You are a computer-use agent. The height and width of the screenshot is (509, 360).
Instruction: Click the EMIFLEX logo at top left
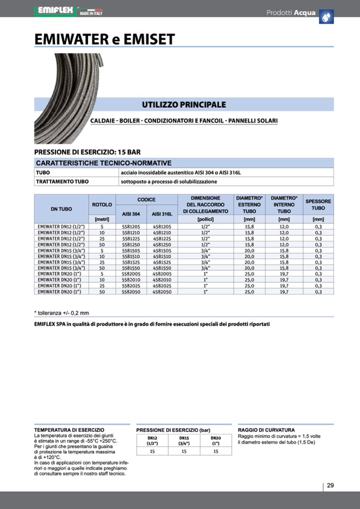click(56, 11)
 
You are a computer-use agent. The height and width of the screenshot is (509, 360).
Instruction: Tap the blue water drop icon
click(326, 17)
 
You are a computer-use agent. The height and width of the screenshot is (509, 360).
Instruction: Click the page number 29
click(330, 486)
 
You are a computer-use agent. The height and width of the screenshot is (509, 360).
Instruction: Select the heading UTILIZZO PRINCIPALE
click(184, 105)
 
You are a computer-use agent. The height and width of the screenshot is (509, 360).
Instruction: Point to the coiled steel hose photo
click(61, 96)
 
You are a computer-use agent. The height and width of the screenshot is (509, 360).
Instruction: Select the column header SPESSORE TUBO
click(318, 205)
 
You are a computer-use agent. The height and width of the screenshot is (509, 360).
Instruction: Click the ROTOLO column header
click(102, 204)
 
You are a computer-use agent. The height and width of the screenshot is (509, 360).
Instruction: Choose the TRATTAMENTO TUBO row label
click(62, 182)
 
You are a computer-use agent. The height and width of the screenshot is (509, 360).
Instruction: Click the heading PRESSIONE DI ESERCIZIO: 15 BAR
click(87, 152)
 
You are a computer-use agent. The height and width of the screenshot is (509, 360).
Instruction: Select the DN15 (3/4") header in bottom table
click(184, 440)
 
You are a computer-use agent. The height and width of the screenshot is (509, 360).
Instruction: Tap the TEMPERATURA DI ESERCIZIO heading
click(69, 430)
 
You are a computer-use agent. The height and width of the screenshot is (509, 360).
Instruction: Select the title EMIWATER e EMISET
click(104, 39)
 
